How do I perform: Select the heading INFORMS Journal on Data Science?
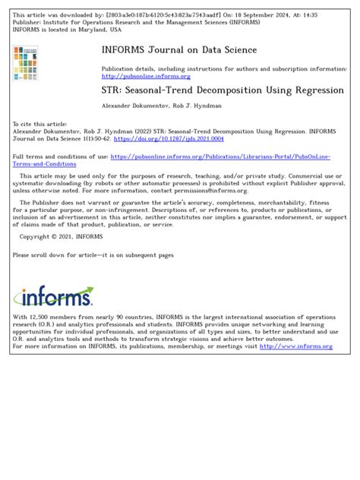[x=179, y=50]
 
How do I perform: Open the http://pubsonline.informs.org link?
[x=136, y=75]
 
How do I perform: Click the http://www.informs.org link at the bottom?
[x=296, y=346]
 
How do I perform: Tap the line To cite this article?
[x=40, y=123]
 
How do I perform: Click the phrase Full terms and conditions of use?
[x=60, y=156]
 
